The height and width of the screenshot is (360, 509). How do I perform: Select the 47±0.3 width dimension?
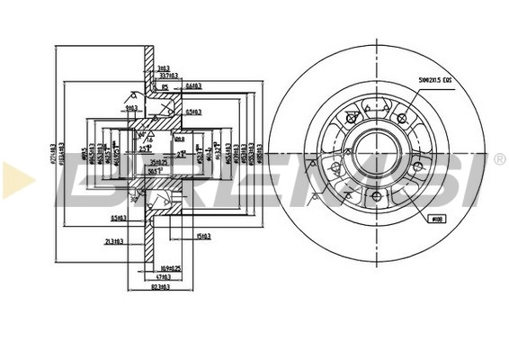pos(163,276)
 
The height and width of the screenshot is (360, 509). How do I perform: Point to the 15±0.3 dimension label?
pos(203,237)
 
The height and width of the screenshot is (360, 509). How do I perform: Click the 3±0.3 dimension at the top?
pos(163,68)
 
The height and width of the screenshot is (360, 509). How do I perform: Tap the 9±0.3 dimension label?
pos(131,109)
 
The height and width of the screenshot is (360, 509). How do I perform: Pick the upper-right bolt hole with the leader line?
pos(401,117)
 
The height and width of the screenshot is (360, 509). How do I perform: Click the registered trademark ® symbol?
pos(499,159)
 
